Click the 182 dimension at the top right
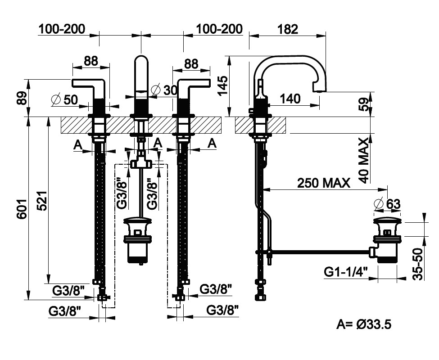click(x=288, y=29)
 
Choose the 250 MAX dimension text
click(x=323, y=183)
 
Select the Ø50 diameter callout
click(x=65, y=100)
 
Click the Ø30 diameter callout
click(x=164, y=90)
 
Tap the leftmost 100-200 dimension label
click(x=62, y=29)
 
